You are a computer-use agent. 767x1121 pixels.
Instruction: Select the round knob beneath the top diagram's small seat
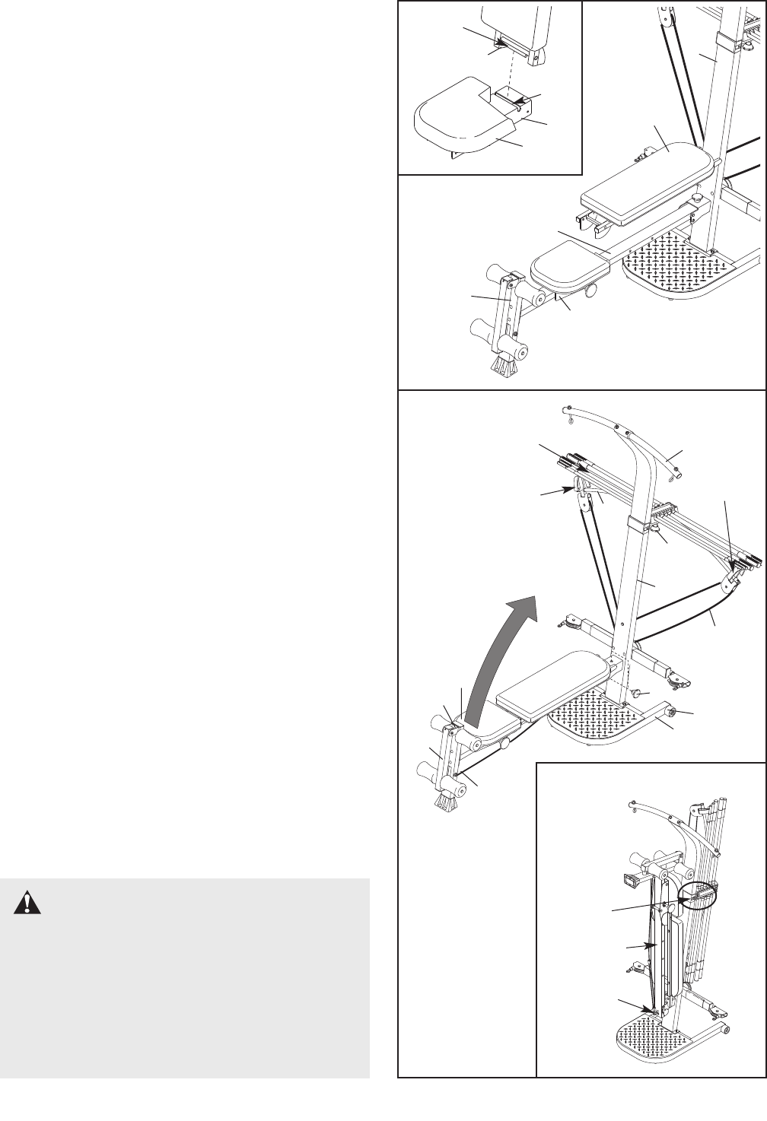coord(590,291)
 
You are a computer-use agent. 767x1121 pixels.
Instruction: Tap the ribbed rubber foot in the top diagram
coord(502,367)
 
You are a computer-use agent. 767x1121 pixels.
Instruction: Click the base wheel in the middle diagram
coord(673,713)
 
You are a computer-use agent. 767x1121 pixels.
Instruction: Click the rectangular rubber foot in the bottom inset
coord(630,880)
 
